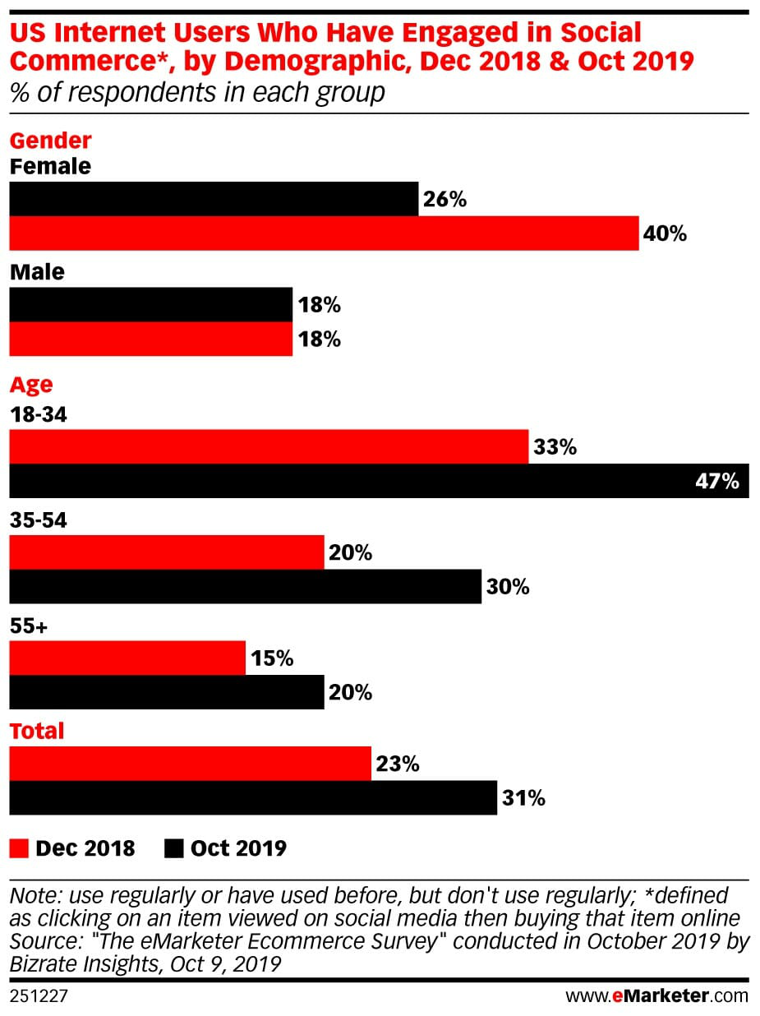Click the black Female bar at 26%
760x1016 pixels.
coord(214,199)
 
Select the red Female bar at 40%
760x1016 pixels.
coord(324,233)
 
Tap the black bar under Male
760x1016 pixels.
coord(150,305)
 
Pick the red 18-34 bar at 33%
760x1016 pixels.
coord(269,447)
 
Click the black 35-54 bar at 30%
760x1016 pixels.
coord(245,587)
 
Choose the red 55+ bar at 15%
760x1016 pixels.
coord(127,658)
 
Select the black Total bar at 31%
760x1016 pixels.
coord(253,797)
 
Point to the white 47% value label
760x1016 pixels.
coord(716,481)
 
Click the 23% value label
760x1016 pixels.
coord(398,764)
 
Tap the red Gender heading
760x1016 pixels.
coord(50,141)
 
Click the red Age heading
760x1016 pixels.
coord(31,385)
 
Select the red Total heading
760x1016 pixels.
coord(37,731)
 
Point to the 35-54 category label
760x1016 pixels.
coord(38,520)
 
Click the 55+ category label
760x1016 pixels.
coord(29,626)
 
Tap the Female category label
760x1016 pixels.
coord(50,166)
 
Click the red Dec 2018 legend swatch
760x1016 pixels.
coord(19,847)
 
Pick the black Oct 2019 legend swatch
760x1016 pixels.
coord(174,847)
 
